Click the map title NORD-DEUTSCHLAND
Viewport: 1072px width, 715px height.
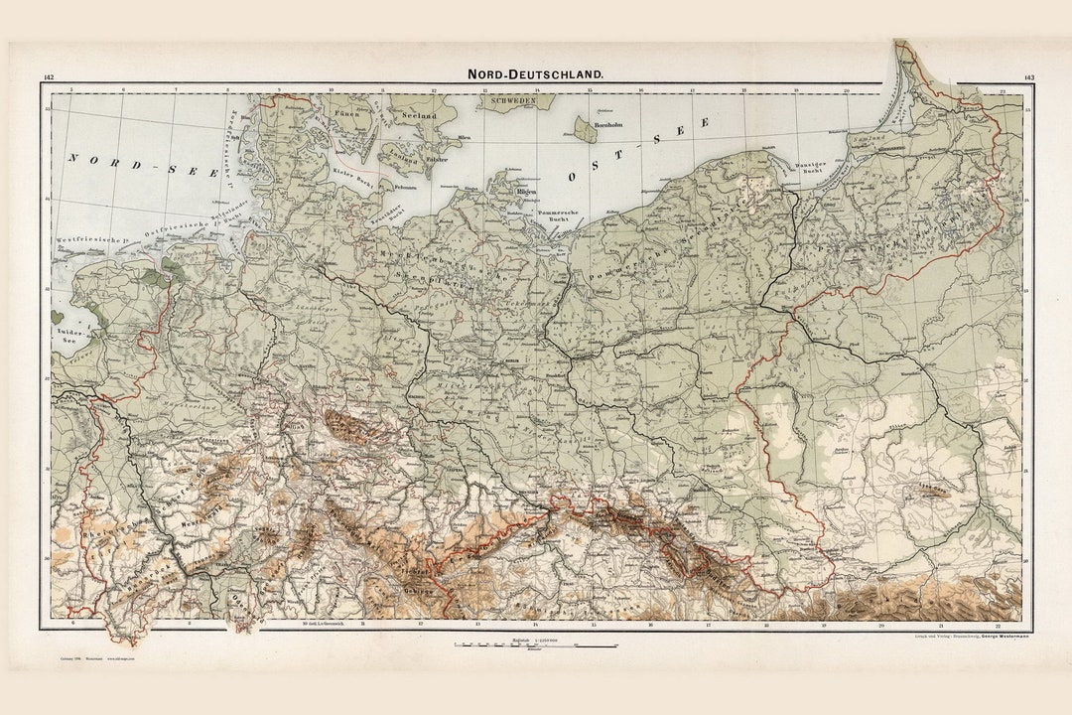point(536,73)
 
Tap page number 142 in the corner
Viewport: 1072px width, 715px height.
point(49,76)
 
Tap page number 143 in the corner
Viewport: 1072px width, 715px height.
point(1028,76)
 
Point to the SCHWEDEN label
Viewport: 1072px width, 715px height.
point(508,101)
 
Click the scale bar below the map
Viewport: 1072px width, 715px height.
point(536,645)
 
